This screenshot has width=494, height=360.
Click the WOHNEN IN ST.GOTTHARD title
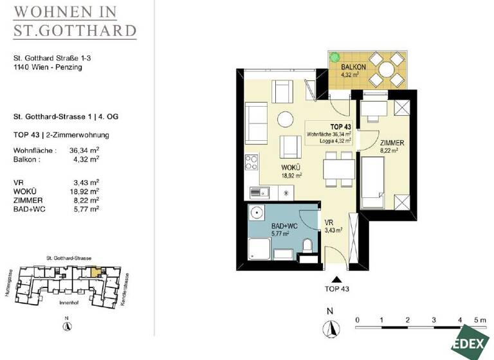pos(75,21)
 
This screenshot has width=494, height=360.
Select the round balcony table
pos(387,68)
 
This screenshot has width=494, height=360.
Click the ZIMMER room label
pos(392,143)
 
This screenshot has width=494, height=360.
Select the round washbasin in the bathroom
pos(257,212)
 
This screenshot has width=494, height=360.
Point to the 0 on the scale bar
pos(357,319)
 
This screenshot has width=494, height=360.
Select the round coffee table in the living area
pos(285,118)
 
